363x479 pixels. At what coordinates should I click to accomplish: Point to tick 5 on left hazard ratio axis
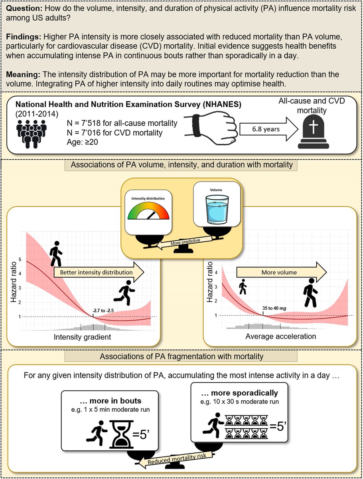point(20,259)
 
